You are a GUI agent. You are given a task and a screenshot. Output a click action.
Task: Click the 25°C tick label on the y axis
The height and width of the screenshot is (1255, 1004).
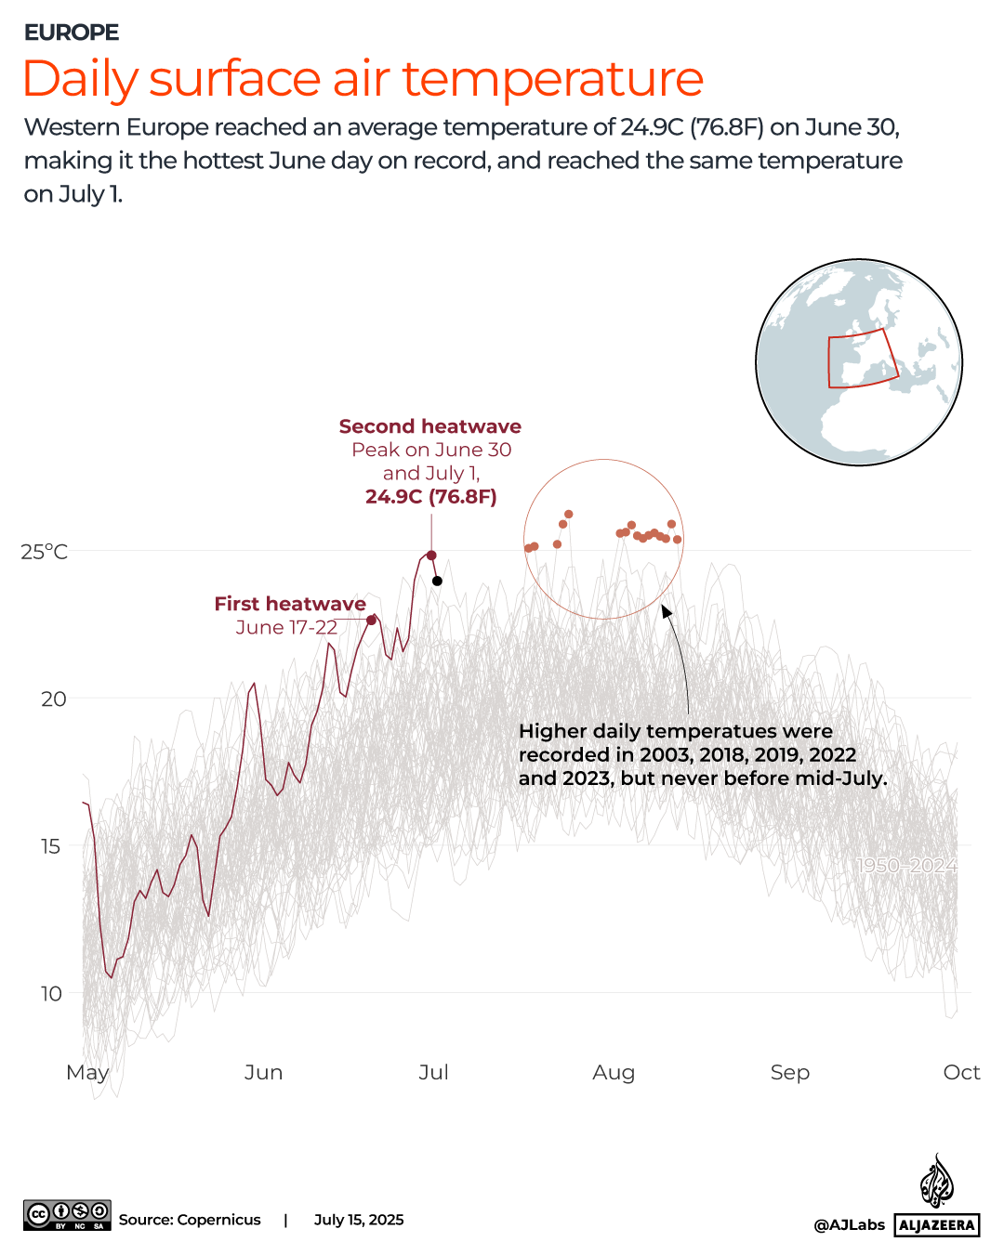(45, 552)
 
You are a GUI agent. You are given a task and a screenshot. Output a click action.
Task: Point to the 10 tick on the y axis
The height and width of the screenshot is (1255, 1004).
(51, 993)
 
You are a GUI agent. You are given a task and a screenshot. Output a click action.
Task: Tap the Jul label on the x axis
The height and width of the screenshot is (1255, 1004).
(433, 1072)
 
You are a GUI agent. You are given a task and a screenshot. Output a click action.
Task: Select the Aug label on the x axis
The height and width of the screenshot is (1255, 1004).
(614, 1072)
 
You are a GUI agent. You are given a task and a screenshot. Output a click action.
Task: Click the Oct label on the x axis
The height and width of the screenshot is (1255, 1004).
(961, 1072)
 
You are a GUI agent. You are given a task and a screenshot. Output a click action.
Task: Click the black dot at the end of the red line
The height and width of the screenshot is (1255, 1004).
(437, 582)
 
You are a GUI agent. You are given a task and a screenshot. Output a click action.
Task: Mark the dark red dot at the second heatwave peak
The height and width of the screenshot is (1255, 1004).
(431, 556)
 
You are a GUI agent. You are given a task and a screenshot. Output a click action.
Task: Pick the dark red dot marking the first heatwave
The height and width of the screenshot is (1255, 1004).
(372, 620)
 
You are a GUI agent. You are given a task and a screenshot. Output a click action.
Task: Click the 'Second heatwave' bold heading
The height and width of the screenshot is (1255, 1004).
(429, 426)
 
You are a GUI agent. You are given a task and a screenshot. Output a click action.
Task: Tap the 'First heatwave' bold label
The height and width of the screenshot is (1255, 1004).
(290, 604)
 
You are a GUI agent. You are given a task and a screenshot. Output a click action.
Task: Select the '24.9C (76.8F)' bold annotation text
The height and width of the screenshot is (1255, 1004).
(430, 496)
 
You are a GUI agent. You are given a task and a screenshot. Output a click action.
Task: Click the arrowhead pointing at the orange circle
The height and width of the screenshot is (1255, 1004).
(666, 611)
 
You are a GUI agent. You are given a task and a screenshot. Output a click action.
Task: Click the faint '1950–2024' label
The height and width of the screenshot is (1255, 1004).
(906, 866)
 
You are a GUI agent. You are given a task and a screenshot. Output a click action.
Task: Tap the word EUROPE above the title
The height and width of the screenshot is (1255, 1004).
(72, 33)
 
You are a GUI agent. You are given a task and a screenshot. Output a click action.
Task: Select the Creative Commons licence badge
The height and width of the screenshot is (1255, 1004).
(67, 1215)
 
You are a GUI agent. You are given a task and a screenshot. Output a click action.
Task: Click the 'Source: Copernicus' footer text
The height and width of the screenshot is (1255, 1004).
(190, 1220)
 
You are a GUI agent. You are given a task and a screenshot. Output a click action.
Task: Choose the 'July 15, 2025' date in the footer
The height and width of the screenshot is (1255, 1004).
(359, 1220)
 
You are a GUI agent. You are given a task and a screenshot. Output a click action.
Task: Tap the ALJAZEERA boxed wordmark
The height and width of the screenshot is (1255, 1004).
(937, 1224)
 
